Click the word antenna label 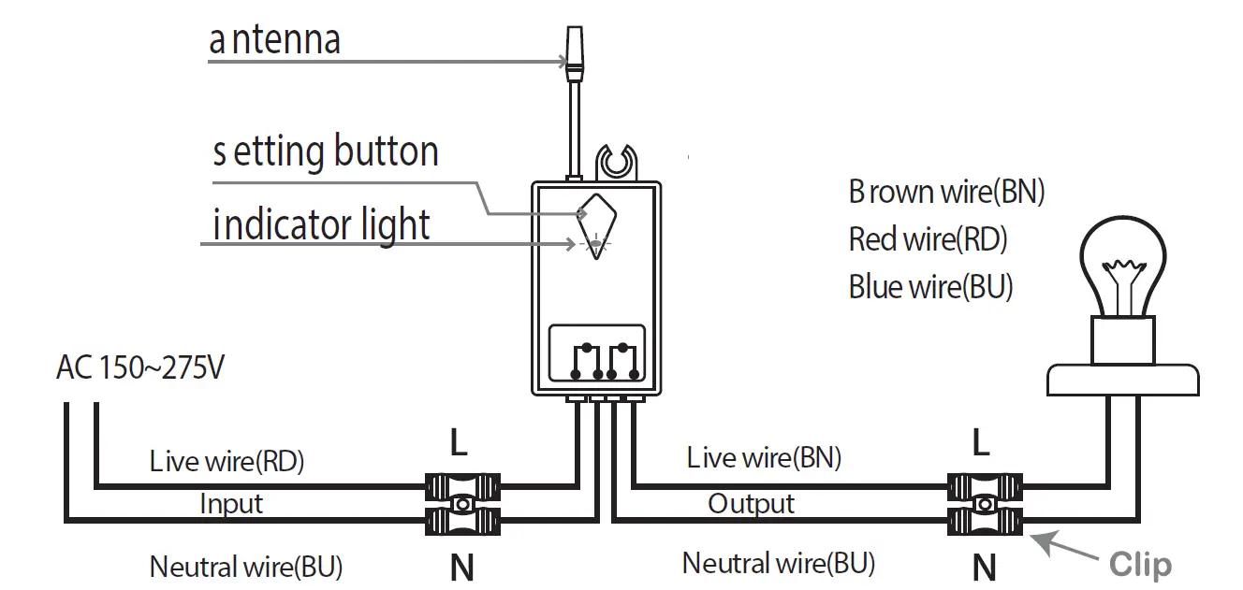(x=274, y=40)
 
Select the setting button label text (x=326, y=151)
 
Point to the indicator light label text (x=322, y=225)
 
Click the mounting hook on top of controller (x=616, y=162)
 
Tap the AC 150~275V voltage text (x=140, y=368)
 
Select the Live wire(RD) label (x=227, y=461)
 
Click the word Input (x=231, y=504)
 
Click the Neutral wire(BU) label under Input (x=246, y=566)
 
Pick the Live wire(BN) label (x=764, y=457)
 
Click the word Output (x=751, y=504)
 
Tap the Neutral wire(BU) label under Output (x=779, y=563)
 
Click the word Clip (x=1140, y=565)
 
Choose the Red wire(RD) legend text (x=928, y=239)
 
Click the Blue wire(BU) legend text (x=930, y=286)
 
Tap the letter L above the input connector (x=459, y=443)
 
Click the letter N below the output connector (x=984, y=567)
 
